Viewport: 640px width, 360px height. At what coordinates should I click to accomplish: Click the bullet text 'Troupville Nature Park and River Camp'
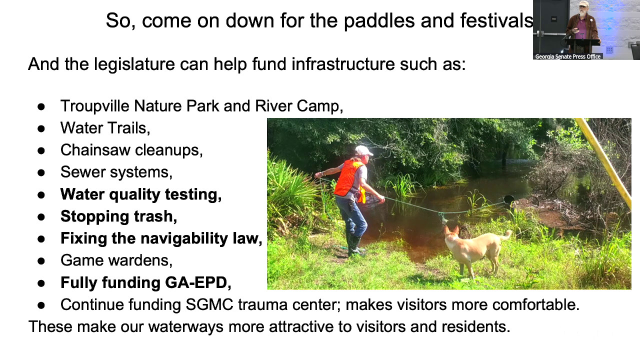[x=201, y=106]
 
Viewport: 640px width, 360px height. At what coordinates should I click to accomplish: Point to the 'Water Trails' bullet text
[x=105, y=128]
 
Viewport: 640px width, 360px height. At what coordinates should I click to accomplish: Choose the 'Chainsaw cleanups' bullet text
[x=131, y=150]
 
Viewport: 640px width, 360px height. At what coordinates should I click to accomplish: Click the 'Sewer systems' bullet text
[x=116, y=172]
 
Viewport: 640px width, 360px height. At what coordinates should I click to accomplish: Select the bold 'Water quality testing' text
[x=140, y=194]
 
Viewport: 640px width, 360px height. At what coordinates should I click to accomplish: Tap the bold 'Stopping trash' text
[x=118, y=216]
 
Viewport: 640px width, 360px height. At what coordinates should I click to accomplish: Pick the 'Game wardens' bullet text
[x=116, y=260]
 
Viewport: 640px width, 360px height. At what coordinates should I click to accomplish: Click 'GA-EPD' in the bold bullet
[x=197, y=282]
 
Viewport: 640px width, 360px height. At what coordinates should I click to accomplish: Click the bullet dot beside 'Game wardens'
[x=41, y=261]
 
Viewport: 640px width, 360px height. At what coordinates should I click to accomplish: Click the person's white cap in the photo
[x=363, y=150]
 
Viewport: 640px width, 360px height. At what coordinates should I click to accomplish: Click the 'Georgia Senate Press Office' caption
[x=567, y=56]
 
